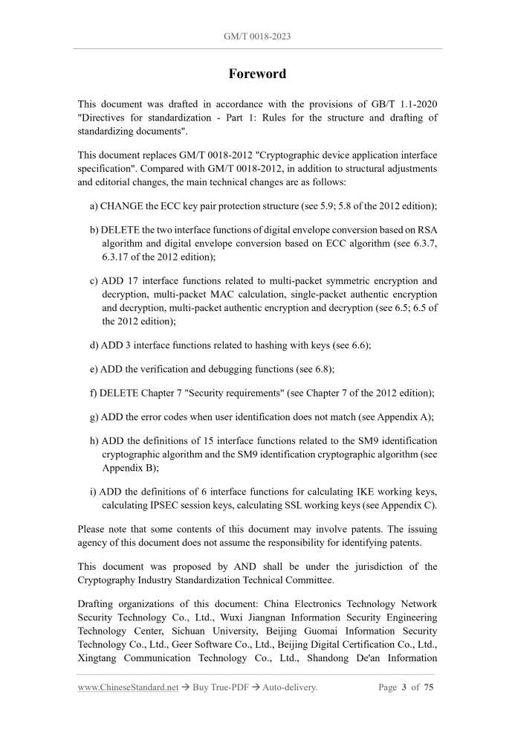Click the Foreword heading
[257, 74]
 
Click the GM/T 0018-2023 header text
[257, 35]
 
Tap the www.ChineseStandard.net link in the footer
[128, 687]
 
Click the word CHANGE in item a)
[123, 205]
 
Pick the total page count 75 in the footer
[429, 687]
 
